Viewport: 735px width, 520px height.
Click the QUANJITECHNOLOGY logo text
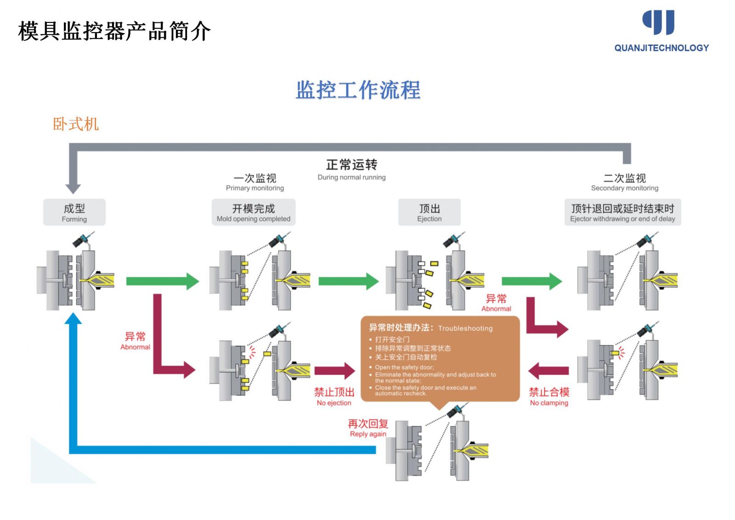click(661, 48)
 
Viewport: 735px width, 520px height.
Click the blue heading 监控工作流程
click(358, 90)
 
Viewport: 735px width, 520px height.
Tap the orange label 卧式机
click(76, 124)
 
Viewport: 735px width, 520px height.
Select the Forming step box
click(74, 212)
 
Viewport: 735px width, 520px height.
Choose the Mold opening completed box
click(253, 212)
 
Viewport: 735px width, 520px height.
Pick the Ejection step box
click(429, 212)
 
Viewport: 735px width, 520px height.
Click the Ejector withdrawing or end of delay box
click(622, 212)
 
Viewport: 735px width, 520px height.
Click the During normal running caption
click(351, 177)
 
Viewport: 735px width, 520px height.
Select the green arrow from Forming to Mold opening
click(162, 281)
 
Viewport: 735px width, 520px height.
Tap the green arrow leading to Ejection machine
click(348, 281)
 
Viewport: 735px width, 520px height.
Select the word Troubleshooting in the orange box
click(465, 328)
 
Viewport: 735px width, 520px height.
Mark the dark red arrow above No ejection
click(334, 371)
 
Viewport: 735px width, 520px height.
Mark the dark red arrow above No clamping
click(548, 371)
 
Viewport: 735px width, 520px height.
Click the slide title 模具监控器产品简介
click(114, 31)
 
